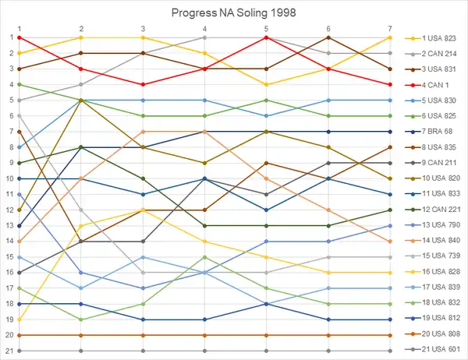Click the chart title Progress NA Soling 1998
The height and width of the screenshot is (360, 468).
coord(233,13)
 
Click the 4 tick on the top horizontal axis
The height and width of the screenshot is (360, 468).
coord(204,28)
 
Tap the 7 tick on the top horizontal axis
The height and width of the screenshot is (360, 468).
coord(390,28)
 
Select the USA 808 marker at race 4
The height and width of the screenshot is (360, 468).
coord(204,335)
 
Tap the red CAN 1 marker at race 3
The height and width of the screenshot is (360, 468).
coord(143,84)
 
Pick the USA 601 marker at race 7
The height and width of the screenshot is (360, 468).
coord(390,351)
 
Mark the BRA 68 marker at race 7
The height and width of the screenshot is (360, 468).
coord(390,132)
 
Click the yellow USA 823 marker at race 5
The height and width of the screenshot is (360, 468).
coord(266,84)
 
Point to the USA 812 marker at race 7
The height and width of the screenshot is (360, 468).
coord(390,319)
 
